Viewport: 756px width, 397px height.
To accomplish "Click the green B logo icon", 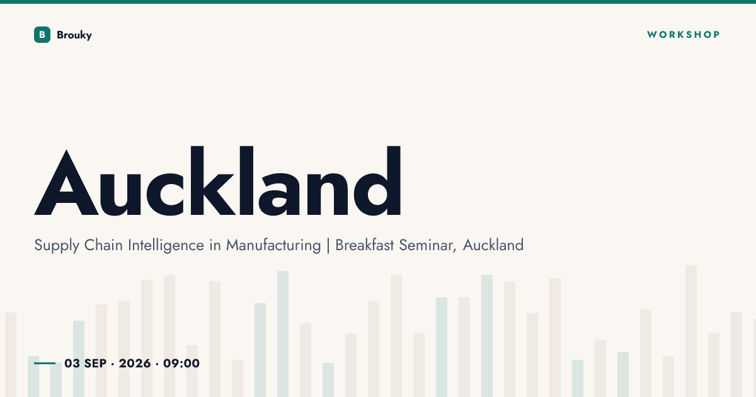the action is [42, 35].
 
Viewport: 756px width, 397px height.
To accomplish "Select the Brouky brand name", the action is [74, 35].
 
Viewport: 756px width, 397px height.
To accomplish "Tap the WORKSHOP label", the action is [684, 35].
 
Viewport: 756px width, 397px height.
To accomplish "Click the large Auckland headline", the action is [218, 181].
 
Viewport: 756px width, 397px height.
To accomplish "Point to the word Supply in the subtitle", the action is [57, 246].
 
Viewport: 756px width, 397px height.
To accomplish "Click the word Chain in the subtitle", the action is [103, 245].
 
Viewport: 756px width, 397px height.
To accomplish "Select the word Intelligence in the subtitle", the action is [166, 246].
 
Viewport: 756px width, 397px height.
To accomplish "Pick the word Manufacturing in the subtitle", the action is [273, 246].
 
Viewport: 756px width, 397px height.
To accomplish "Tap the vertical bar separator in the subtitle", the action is [328, 245].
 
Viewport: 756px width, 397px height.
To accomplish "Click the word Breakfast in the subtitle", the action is [365, 245].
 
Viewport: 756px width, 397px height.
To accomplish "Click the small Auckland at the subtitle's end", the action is [493, 245].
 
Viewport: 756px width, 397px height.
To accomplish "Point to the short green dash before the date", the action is [45, 363].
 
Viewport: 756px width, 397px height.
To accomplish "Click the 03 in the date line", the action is [72, 363].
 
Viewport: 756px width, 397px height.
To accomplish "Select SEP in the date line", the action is [96, 363].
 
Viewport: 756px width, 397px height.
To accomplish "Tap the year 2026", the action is [135, 363].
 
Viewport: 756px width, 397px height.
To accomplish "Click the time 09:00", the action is [181, 363].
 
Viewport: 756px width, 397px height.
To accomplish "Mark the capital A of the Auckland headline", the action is [66, 182].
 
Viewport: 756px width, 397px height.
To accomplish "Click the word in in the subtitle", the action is [215, 245].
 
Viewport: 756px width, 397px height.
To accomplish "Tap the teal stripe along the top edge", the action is [378, 2].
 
